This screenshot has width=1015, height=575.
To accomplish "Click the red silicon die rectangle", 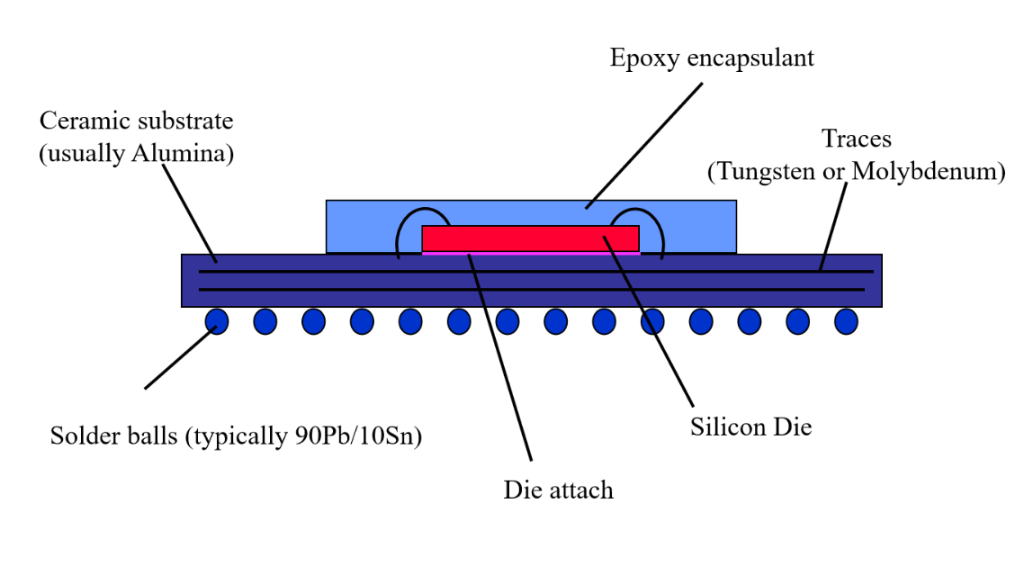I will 530,238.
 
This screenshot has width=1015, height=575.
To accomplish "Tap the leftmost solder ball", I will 217,321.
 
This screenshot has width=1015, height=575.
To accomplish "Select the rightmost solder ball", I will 846,321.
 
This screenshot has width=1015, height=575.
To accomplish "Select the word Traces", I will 856,139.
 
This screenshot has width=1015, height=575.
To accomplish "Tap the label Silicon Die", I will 751,427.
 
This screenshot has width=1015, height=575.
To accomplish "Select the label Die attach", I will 558,490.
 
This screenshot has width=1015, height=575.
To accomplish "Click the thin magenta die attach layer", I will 531,254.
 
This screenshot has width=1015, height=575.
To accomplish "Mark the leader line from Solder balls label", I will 177,359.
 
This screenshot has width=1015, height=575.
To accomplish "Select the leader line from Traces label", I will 833,225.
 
